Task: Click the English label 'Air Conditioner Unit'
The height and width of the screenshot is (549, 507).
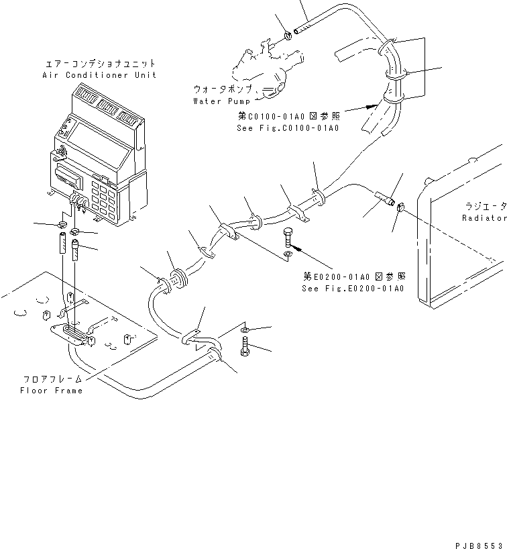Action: coord(99,75)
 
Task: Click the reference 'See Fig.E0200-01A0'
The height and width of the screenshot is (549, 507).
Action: coord(353,289)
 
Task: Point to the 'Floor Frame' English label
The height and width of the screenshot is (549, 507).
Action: coord(52,391)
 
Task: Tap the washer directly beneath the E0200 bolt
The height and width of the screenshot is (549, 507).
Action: coord(288,255)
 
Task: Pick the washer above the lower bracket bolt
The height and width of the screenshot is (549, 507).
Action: coord(245,330)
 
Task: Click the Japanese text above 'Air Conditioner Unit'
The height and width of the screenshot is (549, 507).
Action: coord(99,64)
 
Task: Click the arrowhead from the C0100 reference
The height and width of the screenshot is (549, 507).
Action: coord(370,105)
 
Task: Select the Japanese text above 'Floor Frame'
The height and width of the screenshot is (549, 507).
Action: coord(52,379)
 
